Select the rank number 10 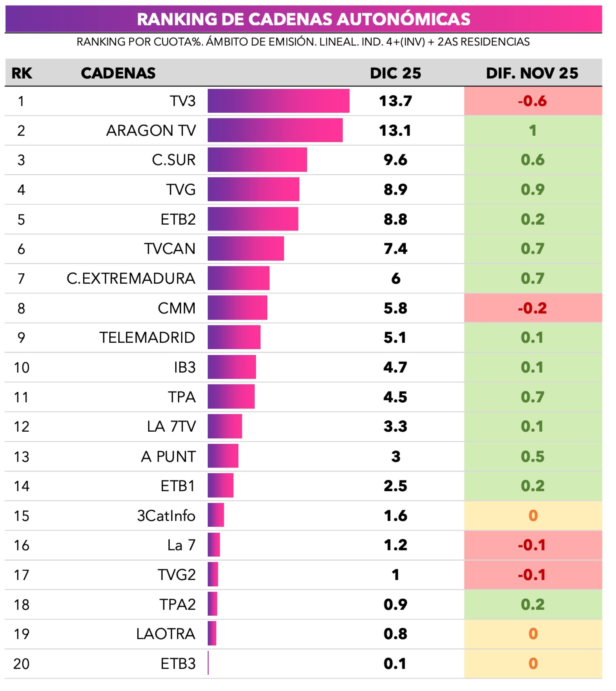(x=21, y=367)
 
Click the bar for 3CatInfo (x=216, y=516)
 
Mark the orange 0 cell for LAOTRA (x=533, y=634)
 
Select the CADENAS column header (x=118, y=73)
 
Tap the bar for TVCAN (x=246, y=249)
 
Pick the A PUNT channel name (x=168, y=456)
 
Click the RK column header (x=22, y=73)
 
